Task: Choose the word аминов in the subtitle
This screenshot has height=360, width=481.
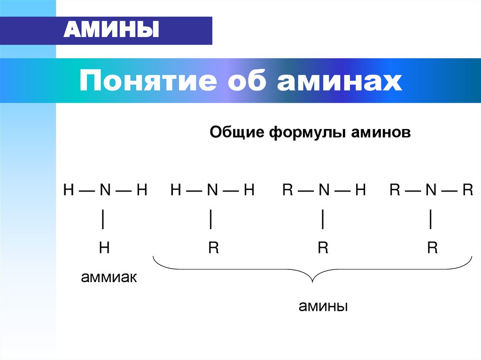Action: (x=381, y=132)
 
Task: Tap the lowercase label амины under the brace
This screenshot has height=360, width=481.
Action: (x=323, y=307)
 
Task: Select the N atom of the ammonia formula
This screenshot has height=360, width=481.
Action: (x=105, y=190)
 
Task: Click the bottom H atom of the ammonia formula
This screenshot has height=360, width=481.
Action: (x=104, y=248)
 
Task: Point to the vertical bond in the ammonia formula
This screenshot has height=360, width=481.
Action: (x=103, y=219)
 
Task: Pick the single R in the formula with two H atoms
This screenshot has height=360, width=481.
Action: (x=214, y=248)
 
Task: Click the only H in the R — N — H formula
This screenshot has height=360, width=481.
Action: (x=360, y=190)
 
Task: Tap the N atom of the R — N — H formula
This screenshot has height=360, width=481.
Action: (x=324, y=190)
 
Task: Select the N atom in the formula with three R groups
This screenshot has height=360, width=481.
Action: (x=431, y=190)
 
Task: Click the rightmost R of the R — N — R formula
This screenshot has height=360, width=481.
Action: (x=467, y=190)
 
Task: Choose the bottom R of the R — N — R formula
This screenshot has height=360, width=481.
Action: (x=432, y=248)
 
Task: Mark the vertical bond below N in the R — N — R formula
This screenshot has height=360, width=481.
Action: (x=431, y=219)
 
